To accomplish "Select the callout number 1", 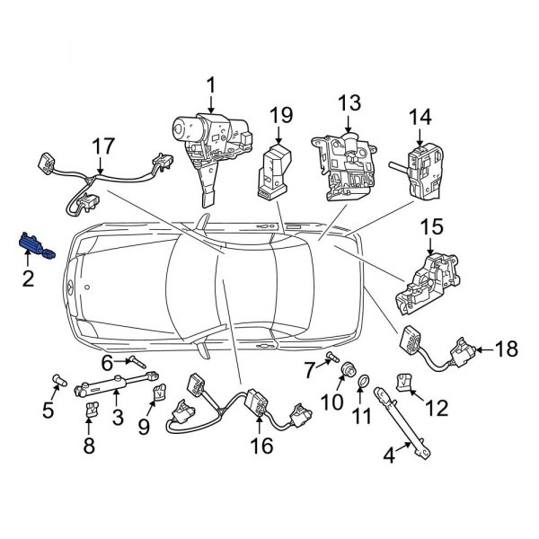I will point(212,86).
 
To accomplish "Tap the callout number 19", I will point(280,114).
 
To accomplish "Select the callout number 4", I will point(388,456).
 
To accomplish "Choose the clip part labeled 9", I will point(160,392).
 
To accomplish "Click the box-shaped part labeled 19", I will point(273,170).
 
